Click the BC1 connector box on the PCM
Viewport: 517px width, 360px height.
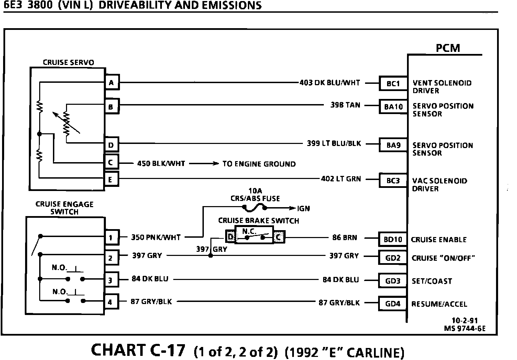point(393,83)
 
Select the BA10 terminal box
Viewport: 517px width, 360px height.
point(393,106)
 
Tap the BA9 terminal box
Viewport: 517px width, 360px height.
point(393,145)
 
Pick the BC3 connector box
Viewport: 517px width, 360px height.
point(393,181)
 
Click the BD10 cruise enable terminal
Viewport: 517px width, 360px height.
point(393,239)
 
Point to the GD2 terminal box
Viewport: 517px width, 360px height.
point(393,258)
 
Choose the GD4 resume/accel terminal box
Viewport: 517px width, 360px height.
point(393,304)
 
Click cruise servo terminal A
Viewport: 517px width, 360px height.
point(111,83)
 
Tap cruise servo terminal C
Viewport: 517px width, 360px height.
point(111,162)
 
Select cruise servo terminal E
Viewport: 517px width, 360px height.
point(111,179)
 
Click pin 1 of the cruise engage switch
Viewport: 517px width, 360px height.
point(111,237)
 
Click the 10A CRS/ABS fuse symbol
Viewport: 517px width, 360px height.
point(254,207)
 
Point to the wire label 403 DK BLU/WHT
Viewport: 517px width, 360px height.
point(330,83)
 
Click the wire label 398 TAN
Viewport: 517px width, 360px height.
point(345,105)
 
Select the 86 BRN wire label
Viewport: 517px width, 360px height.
point(345,237)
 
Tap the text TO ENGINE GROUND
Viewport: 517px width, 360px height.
point(259,164)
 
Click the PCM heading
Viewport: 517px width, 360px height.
point(448,48)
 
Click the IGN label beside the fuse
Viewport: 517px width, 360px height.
point(304,209)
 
